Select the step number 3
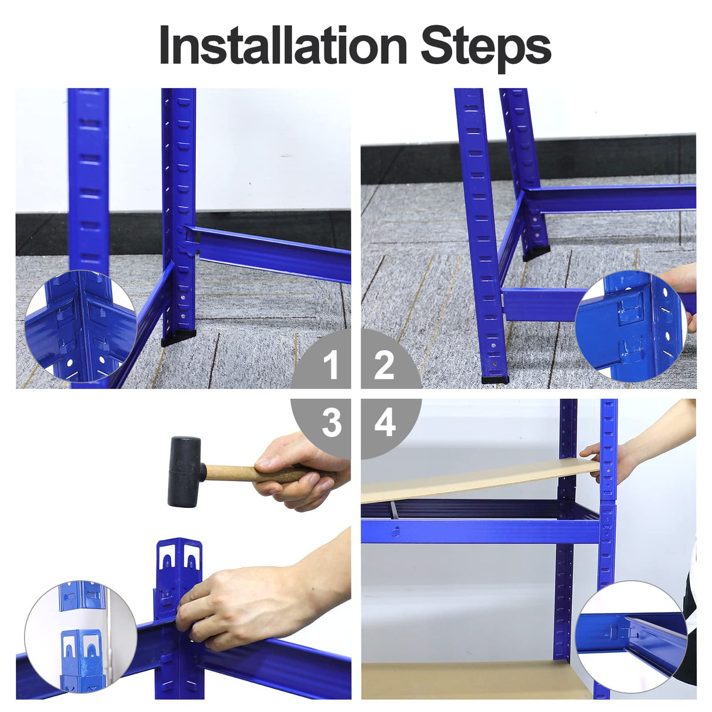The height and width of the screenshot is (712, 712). (x=331, y=422)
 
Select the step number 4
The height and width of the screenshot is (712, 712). (x=385, y=422)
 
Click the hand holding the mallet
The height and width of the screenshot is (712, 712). (x=299, y=469)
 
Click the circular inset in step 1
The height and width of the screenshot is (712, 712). (x=80, y=326)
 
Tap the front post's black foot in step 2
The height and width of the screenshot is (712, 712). (x=494, y=379)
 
